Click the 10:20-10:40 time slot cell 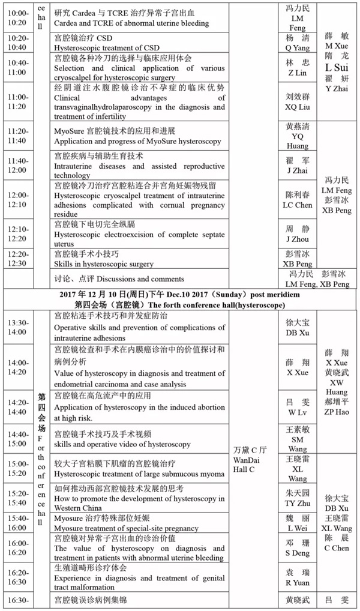17,42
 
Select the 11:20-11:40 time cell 17,136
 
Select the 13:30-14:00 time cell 17,327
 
